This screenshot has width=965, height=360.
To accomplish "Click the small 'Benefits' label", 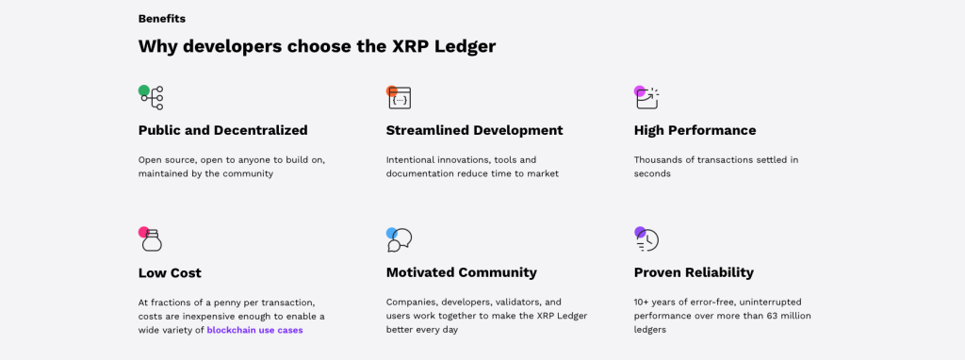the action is (x=162, y=19).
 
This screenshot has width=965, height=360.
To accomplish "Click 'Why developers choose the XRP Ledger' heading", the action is (x=317, y=46).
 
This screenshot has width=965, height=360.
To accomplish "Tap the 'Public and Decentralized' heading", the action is (x=222, y=130).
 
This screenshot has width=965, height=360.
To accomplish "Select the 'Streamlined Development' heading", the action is (x=475, y=130).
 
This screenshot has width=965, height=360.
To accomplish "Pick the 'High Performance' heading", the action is (x=695, y=130).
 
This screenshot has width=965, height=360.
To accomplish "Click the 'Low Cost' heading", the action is (x=170, y=272).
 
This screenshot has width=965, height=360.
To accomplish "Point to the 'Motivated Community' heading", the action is (x=462, y=272).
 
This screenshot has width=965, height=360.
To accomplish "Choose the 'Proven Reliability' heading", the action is (x=694, y=272).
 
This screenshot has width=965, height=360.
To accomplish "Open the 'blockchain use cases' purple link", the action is (x=254, y=331).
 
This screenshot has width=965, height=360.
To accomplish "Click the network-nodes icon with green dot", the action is (x=152, y=98).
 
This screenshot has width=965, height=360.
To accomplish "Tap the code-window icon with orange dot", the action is (x=399, y=98).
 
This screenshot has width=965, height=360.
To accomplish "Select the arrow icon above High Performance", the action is (x=646, y=98).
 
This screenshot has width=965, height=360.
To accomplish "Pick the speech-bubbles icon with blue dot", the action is (x=400, y=240).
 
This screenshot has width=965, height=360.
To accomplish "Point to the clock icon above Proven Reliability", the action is (x=646, y=240).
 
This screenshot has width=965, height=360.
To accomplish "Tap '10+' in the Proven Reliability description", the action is (x=642, y=303).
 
